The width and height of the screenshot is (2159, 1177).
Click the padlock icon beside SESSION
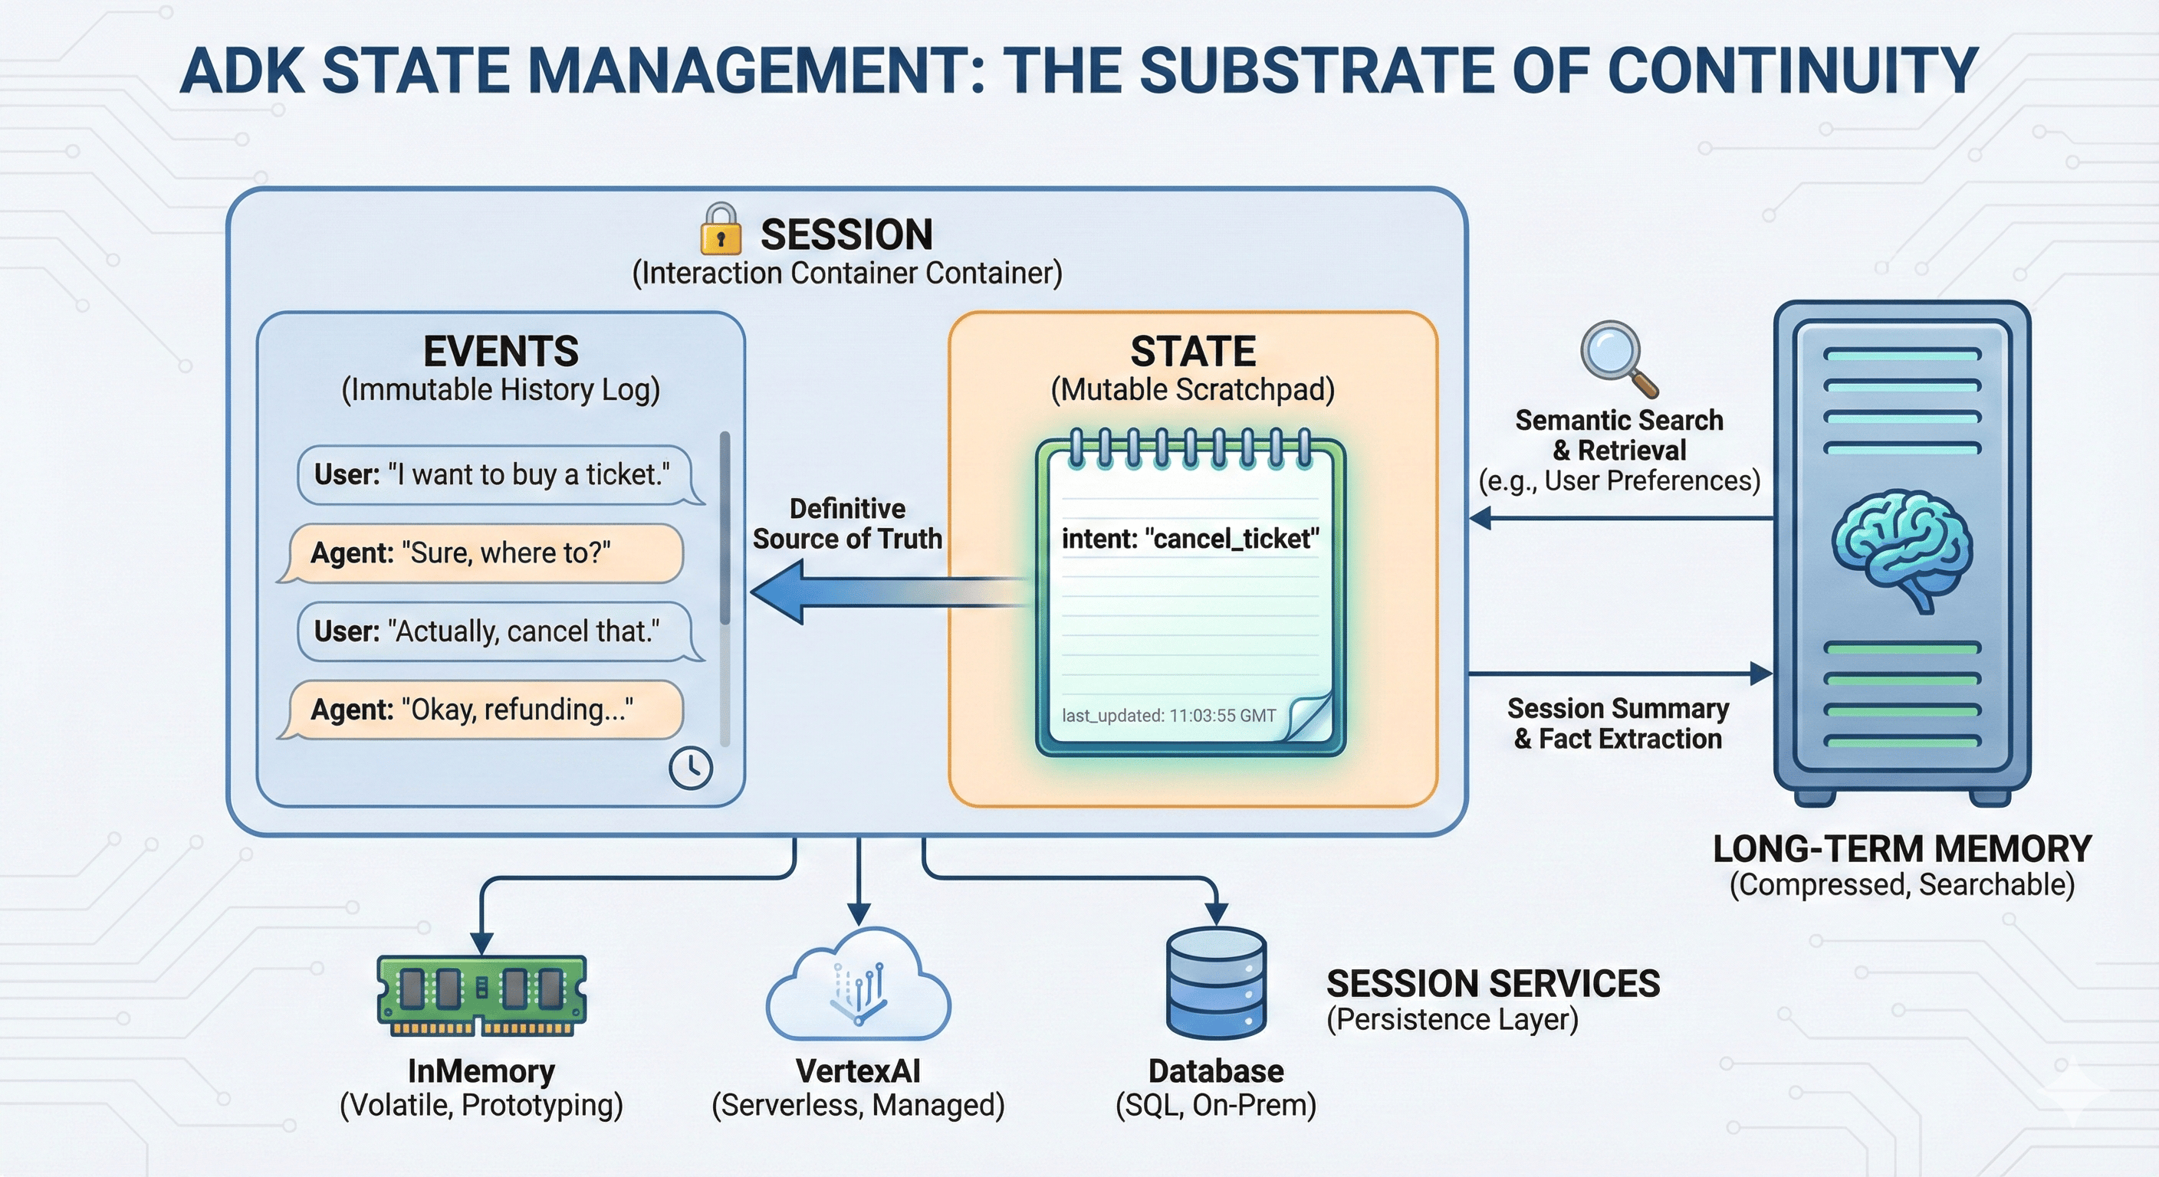[720, 231]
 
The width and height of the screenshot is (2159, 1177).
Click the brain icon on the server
[1901, 549]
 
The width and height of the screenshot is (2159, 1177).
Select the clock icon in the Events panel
[691, 767]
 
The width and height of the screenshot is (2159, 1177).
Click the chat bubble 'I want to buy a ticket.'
[495, 475]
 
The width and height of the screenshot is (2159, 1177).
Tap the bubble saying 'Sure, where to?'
[482, 553]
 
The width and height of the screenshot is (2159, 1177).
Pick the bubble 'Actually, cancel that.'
[495, 631]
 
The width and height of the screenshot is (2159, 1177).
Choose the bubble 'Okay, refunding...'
[482, 710]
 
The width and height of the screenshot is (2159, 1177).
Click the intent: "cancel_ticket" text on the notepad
[1190, 539]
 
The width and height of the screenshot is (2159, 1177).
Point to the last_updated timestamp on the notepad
[1168, 716]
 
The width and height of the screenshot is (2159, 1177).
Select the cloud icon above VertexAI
[858, 988]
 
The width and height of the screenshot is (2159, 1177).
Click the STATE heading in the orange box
[1193, 351]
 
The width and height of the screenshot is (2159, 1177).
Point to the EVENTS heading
[501, 351]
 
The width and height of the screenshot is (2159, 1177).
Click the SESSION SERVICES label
[1493, 983]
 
